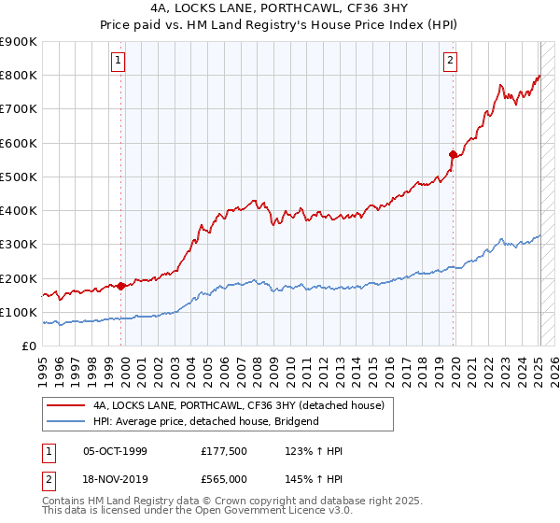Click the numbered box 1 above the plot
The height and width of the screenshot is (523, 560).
coord(119,62)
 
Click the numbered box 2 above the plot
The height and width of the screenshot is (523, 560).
coord(450,62)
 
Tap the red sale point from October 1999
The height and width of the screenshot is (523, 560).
coord(121,286)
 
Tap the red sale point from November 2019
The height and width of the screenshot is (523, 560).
coord(454,155)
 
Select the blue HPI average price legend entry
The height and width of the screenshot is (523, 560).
coord(205,421)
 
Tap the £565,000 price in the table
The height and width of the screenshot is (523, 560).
coord(224,478)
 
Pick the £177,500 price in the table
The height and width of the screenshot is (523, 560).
coord(224,452)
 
